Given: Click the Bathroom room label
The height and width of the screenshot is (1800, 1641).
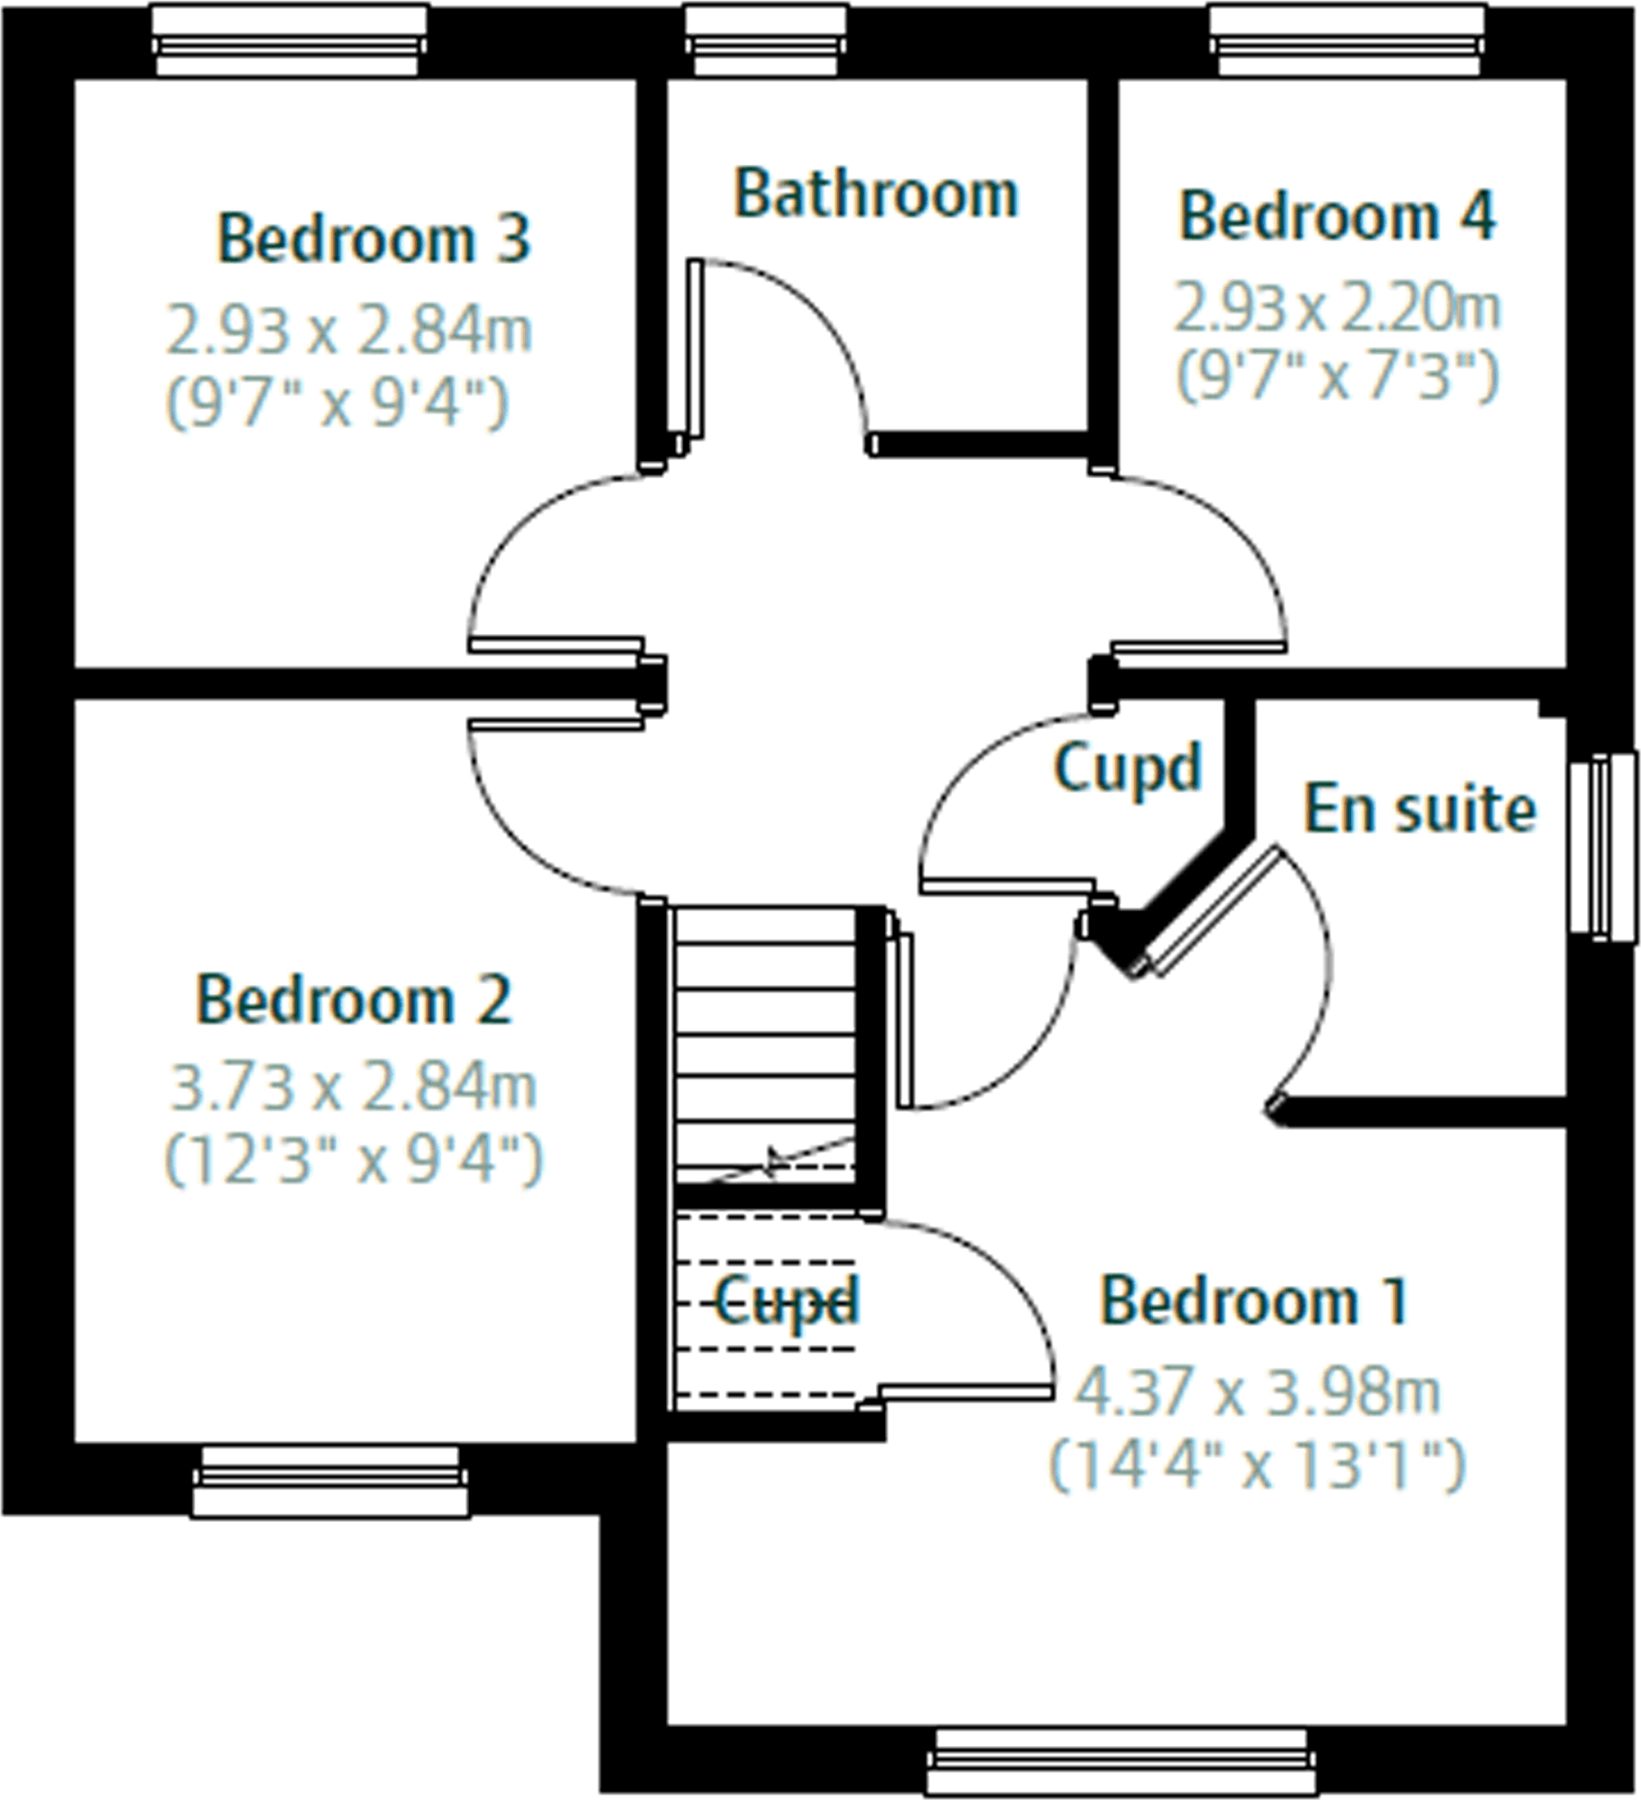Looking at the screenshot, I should tap(876, 194).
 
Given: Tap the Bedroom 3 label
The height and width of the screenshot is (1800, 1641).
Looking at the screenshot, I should tap(374, 240).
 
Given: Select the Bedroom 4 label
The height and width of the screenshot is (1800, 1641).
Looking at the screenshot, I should tap(1337, 217).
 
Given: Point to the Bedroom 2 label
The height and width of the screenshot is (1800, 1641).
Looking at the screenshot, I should tap(353, 1000).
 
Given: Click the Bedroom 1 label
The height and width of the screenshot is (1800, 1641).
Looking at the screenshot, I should tap(1254, 1301).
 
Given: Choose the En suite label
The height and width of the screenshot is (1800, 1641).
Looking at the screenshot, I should tap(1420, 809).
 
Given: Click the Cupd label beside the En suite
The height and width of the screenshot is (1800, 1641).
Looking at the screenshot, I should tap(1127, 768).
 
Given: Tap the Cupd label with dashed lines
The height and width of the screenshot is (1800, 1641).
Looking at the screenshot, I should tap(786, 1302).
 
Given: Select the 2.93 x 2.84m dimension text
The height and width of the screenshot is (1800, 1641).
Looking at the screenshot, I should tap(349, 330).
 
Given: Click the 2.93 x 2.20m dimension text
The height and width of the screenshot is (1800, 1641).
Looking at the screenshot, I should tap(1337, 308).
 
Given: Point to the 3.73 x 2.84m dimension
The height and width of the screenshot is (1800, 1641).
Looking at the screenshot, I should tap(353, 1087).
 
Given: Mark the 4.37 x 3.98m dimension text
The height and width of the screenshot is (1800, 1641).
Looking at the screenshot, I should tap(1257, 1391).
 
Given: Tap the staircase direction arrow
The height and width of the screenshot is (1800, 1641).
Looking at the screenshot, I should tap(772, 1162).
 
